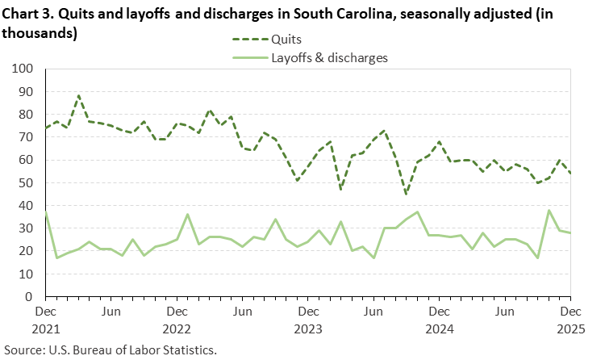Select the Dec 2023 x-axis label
tap(307, 318)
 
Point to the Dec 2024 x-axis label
tap(439, 318)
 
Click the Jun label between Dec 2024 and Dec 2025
tap(504, 311)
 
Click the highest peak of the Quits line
tap(78, 95)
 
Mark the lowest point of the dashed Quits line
tap(406, 195)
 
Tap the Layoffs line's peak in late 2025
tap(549, 211)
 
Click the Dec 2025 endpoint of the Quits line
tap(570, 173)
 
